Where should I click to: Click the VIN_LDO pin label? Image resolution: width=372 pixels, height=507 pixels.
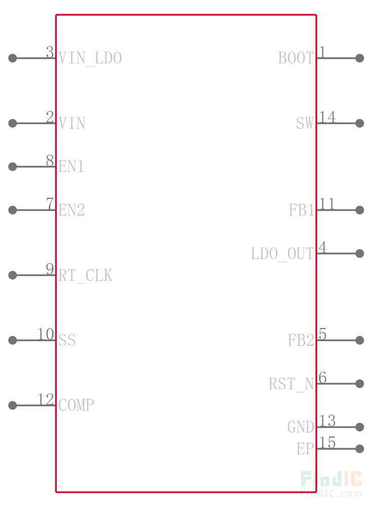tap(90, 58)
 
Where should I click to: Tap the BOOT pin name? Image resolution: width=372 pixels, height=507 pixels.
tap(296, 58)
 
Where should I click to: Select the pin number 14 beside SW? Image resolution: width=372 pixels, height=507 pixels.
tap(327, 117)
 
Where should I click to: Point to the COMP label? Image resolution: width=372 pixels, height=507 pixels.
tap(76, 405)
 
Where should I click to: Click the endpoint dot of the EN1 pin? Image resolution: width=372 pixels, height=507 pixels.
tap(13, 166)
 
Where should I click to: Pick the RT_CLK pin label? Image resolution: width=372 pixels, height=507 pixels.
tap(85, 276)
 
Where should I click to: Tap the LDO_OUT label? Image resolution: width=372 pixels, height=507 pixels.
tap(282, 254)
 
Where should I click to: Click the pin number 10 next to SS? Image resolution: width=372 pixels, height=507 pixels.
tap(46, 334)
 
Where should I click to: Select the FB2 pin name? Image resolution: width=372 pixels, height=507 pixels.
tap(301, 341)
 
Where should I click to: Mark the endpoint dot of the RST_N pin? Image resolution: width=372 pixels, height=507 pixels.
tap(359, 383)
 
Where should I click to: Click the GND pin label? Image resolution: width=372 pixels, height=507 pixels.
tap(301, 427)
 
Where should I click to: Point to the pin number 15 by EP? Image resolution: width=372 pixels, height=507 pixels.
tap(327, 443)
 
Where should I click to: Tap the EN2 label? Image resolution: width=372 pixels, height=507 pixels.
tap(71, 210)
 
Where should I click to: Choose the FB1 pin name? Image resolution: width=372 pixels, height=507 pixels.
tap(301, 210)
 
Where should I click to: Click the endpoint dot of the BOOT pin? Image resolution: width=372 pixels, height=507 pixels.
tap(359, 58)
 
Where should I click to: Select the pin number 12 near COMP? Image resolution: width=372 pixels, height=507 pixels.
tap(46, 400)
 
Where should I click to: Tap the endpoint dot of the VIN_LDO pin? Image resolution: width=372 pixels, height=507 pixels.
tap(13, 58)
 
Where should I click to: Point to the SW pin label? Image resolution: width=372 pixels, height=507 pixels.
tap(305, 123)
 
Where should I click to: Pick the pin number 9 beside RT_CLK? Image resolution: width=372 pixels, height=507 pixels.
tap(50, 269)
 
